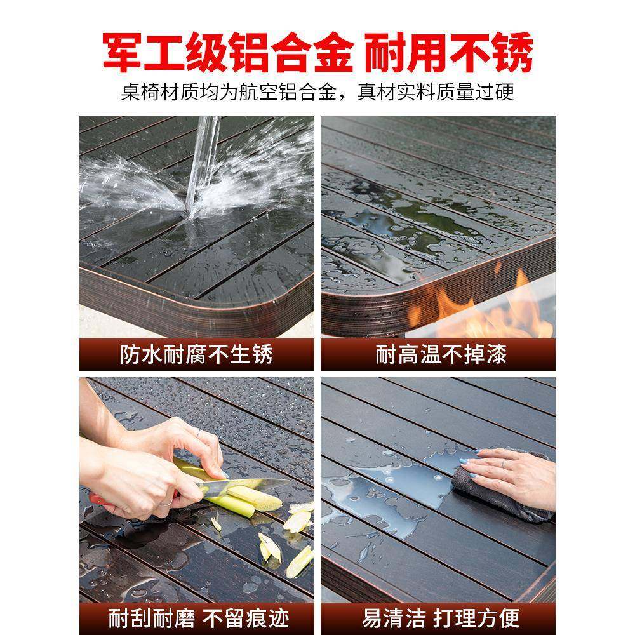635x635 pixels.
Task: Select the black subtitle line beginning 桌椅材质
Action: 317,93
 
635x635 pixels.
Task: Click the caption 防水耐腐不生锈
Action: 196,354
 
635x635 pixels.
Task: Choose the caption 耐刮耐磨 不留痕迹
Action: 196,617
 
